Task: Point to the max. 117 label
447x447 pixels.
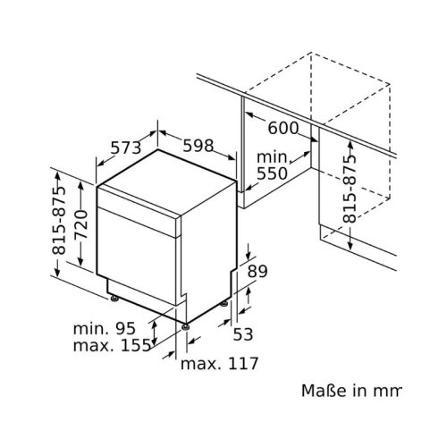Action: [219, 364]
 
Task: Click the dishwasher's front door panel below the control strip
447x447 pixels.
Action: [139, 264]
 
